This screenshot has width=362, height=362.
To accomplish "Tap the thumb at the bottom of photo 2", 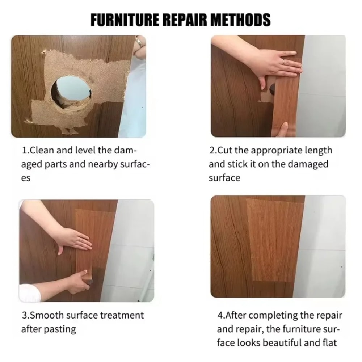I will tap(283, 129).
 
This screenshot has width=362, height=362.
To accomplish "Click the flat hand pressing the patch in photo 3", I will tap(74, 241).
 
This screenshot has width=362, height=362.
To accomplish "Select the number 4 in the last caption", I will tap(220, 315).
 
